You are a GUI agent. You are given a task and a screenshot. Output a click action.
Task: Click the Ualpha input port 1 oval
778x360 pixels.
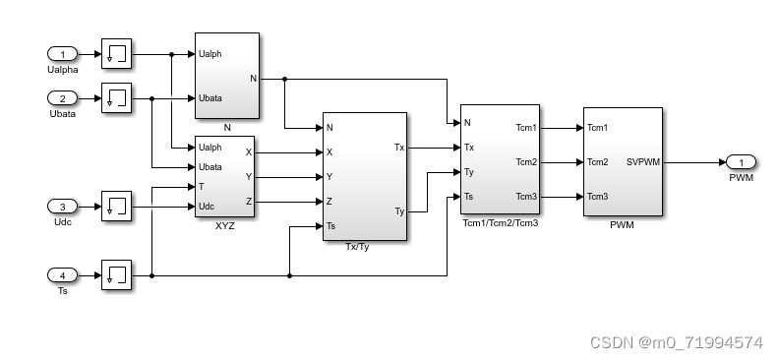click(x=62, y=54)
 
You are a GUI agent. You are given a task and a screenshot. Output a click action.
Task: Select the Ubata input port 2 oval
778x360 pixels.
click(x=62, y=98)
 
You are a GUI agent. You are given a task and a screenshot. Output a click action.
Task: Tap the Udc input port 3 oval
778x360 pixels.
click(x=62, y=207)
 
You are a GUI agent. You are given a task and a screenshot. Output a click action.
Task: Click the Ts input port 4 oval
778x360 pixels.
click(x=62, y=274)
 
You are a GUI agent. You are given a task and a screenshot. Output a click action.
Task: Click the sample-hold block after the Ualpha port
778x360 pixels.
click(x=116, y=54)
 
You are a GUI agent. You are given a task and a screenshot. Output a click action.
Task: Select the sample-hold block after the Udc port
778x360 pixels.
click(x=116, y=207)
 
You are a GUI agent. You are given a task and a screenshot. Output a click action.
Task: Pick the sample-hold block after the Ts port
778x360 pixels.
click(x=116, y=274)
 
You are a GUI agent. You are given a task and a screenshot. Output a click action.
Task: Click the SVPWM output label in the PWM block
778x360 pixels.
click(x=642, y=162)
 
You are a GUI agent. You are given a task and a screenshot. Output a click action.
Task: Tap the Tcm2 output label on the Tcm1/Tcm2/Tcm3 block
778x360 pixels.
click(x=526, y=162)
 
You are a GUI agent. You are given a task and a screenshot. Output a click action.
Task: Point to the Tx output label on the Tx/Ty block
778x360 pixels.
click(x=398, y=148)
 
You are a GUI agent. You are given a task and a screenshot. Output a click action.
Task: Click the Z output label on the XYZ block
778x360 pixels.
click(x=248, y=202)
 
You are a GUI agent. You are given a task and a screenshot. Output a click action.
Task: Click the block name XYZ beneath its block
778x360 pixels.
click(x=225, y=225)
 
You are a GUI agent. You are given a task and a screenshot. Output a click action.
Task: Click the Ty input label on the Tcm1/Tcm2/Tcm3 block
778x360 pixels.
click(x=469, y=172)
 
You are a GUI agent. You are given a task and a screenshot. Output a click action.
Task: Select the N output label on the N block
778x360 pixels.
click(x=253, y=79)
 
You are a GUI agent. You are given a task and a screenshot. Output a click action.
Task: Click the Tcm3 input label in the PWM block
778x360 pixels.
click(x=597, y=197)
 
